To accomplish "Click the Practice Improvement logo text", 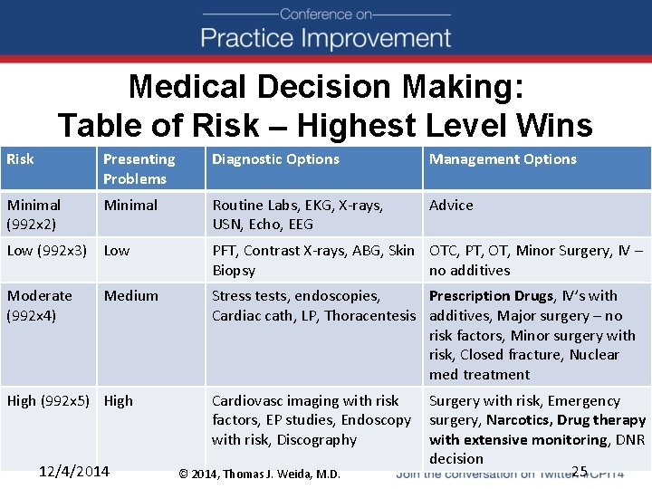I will pyautogui.click(x=326, y=38).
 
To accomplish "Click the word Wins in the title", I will pyautogui.click(x=550, y=125).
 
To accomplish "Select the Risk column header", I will pyautogui.click(x=20, y=159).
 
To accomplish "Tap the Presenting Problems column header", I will pyautogui.click(x=139, y=169).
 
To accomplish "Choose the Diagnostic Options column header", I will pyautogui.click(x=275, y=159).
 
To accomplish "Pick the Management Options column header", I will pyautogui.click(x=503, y=159).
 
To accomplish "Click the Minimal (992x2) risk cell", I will pyautogui.click(x=34, y=215).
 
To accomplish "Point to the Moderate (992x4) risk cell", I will pyautogui.click(x=40, y=305).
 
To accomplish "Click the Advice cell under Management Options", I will pyautogui.click(x=451, y=206).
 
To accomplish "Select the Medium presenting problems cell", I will pyautogui.click(x=130, y=296).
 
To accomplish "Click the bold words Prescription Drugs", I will pyautogui.click(x=490, y=296).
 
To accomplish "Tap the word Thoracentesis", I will pyautogui.click(x=371, y=316).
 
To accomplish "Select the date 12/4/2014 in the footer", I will pyautogui.click(x=75, y=471).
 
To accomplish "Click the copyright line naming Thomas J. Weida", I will pyautogui.click(x=260, y=474).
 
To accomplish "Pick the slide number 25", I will pyautogui.click(x=580, y=470).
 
